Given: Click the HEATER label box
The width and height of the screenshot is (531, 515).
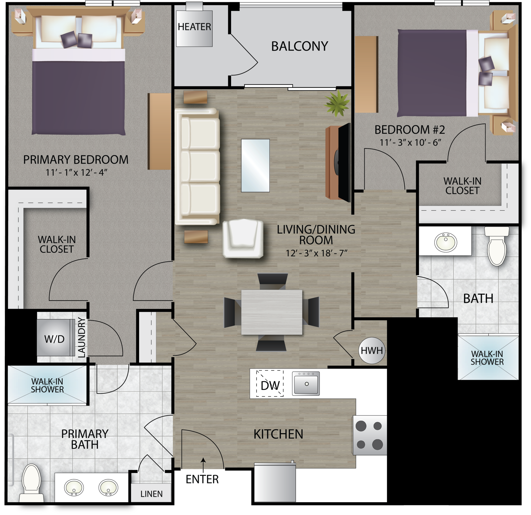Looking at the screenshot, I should point(194,28).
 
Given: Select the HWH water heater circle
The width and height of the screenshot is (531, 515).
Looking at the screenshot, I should point(372,351).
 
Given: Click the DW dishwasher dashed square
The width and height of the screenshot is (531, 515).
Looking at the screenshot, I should point(270,383).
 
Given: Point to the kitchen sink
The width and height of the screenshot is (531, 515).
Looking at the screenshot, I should point(306,383).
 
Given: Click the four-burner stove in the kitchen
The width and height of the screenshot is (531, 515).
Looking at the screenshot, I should point(370,435).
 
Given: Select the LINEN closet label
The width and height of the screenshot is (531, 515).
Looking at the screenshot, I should point(151,494).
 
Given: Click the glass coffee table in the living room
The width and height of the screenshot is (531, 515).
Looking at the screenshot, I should point(255,165).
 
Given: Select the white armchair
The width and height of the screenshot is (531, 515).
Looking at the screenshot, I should point(243,239).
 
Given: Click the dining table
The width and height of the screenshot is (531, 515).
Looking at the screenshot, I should point(272,312).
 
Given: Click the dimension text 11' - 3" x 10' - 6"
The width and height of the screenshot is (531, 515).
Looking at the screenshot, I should point(410,143).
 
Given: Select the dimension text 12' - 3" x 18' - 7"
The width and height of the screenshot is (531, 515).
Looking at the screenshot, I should point(316,253).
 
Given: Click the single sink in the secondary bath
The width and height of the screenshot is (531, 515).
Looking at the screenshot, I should point(446,242).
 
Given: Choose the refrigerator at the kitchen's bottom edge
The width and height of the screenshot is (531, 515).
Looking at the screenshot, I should point(275,483).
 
